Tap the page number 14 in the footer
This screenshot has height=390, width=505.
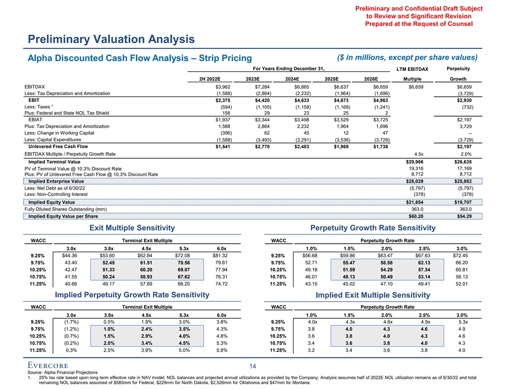click(x=252, y=367)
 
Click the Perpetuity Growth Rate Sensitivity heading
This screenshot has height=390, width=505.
click(x=373, y=228)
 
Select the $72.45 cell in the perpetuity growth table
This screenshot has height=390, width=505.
click(x=459, y=256)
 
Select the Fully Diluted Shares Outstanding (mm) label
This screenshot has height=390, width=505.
click(x=66, y=209)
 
